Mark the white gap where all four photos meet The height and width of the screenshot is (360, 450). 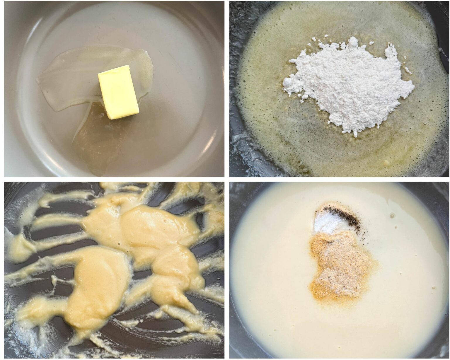pos(227,179)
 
